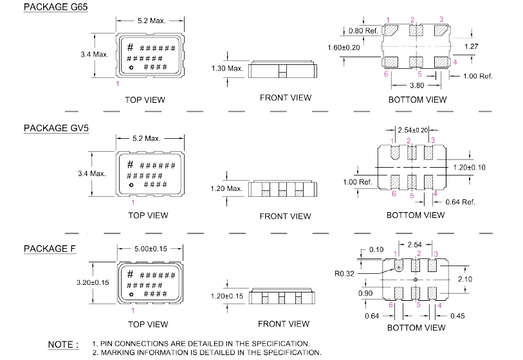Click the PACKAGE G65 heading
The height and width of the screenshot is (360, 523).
tap(55, 7)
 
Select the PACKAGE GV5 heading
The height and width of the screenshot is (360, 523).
tap(55, 128)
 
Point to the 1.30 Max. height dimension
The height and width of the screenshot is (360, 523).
tap(227, 68)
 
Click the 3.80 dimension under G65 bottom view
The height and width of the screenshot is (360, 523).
tap(416, 84)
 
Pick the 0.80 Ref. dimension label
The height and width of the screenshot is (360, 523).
tap(363, 31)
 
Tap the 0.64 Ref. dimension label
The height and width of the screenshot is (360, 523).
tap(459, 202)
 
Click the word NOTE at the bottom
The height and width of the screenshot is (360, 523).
tap(63, 345)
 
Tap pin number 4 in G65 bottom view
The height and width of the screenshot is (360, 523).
tap(455, 62)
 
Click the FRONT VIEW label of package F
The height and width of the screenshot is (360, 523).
tap(285, 323)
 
